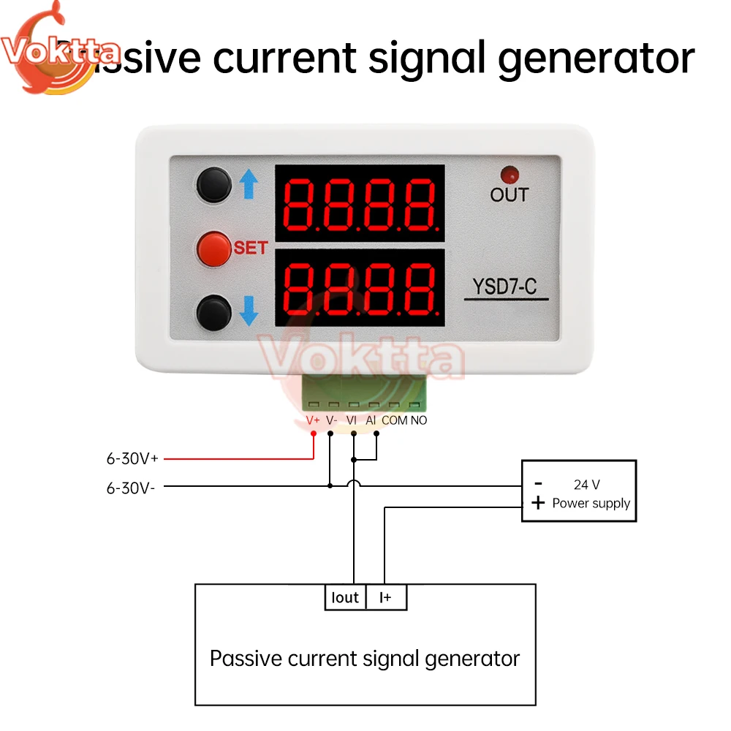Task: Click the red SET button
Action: [x=213, y=249]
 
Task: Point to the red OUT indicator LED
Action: [x=508, y=175]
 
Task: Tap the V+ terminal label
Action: [x=313, y=421]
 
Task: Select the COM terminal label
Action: [x=395, y=421]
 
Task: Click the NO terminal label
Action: [x=419, y=421]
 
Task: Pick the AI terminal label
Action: [x=371, y=421]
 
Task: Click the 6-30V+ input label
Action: [x=132, y=459]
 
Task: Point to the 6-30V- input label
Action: [x=131, y=488]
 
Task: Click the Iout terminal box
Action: [x=345, y=597]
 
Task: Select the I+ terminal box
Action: [x=386, y=597]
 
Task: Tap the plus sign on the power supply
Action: [x=538, y=503]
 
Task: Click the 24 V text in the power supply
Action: [x=586, y=484]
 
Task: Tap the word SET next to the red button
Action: [x=251, y=249]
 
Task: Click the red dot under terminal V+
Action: [x=314, y=433]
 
